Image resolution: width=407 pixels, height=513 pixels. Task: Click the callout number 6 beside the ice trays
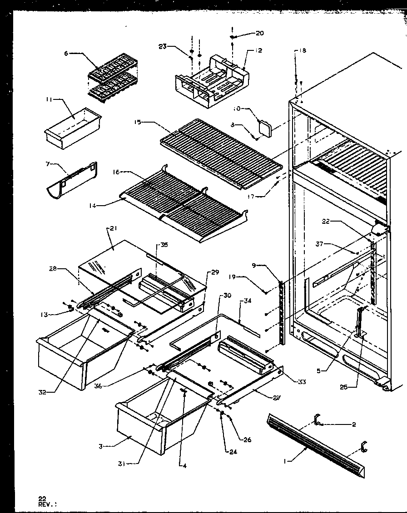(66, 54)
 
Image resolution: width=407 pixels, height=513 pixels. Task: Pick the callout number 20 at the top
(259, 33)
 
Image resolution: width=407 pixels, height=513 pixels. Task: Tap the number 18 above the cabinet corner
(303, 51)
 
